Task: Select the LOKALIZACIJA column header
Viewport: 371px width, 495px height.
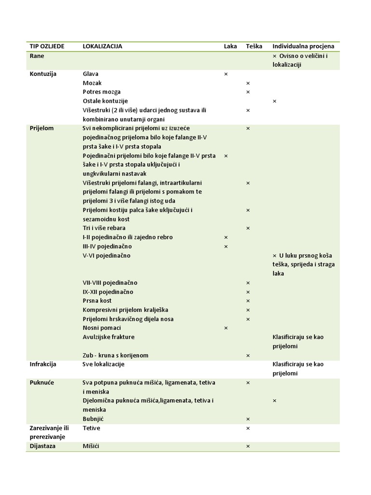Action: [x=102, y=46]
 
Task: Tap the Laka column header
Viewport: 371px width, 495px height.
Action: [x=230, y=46]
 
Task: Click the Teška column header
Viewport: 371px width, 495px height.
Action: [x=254, y=46]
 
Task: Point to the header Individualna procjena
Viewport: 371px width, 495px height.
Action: [x=303, y=46]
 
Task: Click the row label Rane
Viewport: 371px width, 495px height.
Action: [x=37, y=56]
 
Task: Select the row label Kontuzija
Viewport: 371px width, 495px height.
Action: [x=43, y=74]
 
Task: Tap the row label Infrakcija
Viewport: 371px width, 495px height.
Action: [x=43, y=364]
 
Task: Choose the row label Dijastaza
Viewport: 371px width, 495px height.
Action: [x=43, y=446]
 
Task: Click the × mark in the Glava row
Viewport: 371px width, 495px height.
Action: [x=226, y=74]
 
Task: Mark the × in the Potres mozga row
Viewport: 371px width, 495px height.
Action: [x=248, y=92]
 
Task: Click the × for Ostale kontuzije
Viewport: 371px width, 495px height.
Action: [x=274, y=101]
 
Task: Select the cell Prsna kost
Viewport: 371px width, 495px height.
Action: [x=97, y=301]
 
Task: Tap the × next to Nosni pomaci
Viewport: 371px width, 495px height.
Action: [x=226, y=328]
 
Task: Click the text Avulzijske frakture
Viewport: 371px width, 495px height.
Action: [x=109, y=337]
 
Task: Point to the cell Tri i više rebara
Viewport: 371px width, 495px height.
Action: [x=104, y=228]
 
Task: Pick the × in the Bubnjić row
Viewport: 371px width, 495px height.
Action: [x=248, y=419]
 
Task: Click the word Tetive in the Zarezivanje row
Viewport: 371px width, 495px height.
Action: [x=92, y=428]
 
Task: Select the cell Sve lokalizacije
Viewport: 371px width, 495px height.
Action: [x=103, y=364]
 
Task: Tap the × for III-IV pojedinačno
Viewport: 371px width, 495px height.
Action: [x=226, y=247]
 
